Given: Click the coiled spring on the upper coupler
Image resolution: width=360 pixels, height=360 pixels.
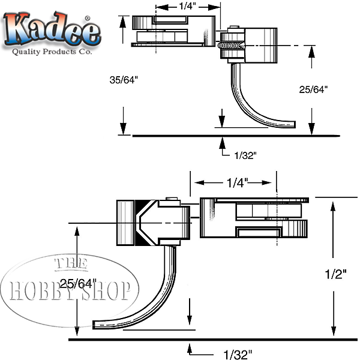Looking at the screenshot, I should [232, 46].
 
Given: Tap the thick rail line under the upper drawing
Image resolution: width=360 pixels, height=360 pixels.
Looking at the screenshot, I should [234, 136].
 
